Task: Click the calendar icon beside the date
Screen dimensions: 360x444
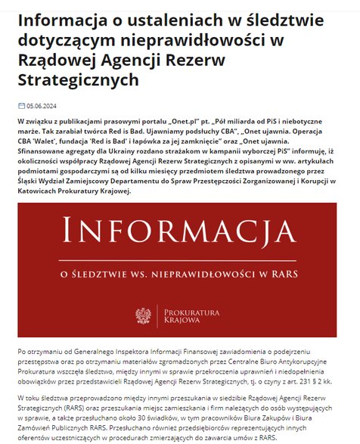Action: [20, 107]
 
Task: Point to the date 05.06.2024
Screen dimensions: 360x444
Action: [43, 107]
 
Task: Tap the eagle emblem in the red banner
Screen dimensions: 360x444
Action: [142, 315]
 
